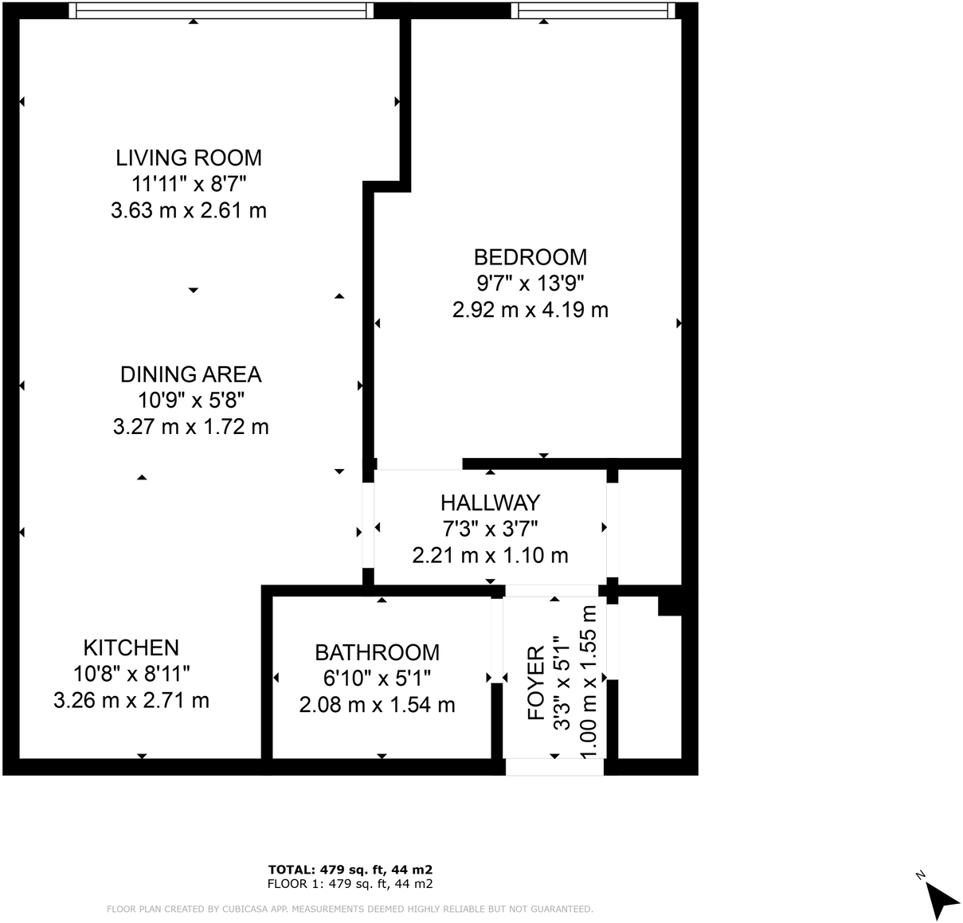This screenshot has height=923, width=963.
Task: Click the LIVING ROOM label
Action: tap(189, 158)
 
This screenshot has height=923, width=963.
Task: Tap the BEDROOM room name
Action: tap(530, 257)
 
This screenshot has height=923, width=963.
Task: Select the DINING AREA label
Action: tap(190, 374)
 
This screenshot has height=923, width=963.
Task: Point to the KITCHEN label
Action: tap(131, 647)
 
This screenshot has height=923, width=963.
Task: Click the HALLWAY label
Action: tap(490, 503)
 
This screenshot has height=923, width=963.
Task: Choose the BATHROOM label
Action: tap(377, 652)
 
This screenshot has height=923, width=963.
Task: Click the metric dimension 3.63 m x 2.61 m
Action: tap(189, 210)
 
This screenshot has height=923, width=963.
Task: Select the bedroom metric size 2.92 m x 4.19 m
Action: tap(530, 310)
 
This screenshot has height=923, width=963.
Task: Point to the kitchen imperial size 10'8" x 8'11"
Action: tap(131, 675)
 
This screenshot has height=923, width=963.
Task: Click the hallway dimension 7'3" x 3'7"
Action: tap(490, 529)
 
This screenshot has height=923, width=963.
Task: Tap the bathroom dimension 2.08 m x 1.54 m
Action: tap(377, 705)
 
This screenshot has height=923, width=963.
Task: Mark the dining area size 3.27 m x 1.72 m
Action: tap(190, 427)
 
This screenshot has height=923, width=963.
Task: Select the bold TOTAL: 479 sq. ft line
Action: tap(350, 870)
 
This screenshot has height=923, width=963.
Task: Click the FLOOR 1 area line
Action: tap(350, 884)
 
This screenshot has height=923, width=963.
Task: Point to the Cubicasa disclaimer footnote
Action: tap(350, 909)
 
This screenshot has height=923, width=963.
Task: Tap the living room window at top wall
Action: tap(221, 10)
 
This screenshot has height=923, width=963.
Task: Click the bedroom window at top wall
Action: tap(593, 10)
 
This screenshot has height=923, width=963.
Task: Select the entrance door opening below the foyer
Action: tap(554, 767)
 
